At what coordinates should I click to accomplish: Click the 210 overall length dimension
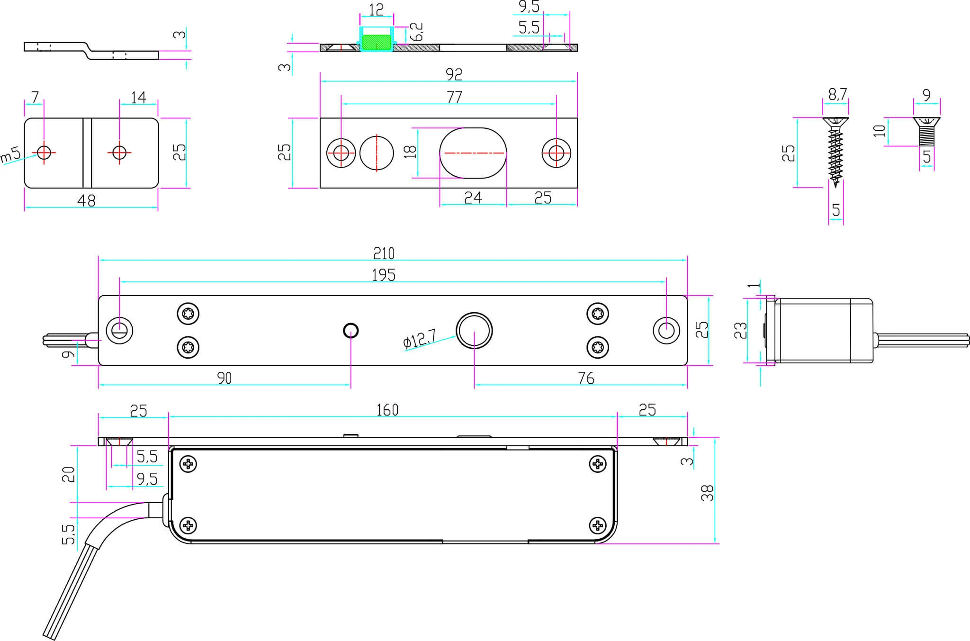(384, 253)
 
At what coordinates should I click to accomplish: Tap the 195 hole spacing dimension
(384, 275)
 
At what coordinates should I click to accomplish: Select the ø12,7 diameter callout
(420, 339)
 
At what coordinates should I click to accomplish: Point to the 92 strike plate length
(454, 74)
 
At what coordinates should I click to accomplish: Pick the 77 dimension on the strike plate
(454, 97)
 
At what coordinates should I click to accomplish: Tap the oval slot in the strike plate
(473, 153)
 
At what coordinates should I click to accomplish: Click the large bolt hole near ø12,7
(474, 330)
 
